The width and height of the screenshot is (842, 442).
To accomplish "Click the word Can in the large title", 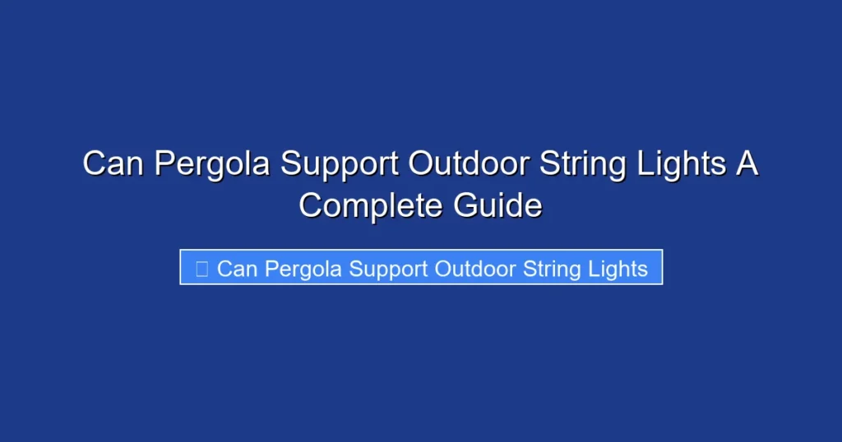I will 114,163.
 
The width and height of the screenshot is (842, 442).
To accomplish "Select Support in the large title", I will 340,165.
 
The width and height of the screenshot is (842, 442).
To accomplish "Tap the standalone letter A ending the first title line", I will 747,163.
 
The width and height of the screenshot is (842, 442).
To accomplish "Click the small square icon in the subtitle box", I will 201,268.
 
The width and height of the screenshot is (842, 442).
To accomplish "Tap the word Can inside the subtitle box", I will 238,269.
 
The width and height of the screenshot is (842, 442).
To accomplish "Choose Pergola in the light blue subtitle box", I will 304,269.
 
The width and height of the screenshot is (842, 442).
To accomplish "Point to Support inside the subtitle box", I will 390,269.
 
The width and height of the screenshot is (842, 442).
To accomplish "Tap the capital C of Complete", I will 312,204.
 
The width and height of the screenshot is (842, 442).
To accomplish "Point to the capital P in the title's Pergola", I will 165,163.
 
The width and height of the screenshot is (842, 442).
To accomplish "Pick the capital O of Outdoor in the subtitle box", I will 442,269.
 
